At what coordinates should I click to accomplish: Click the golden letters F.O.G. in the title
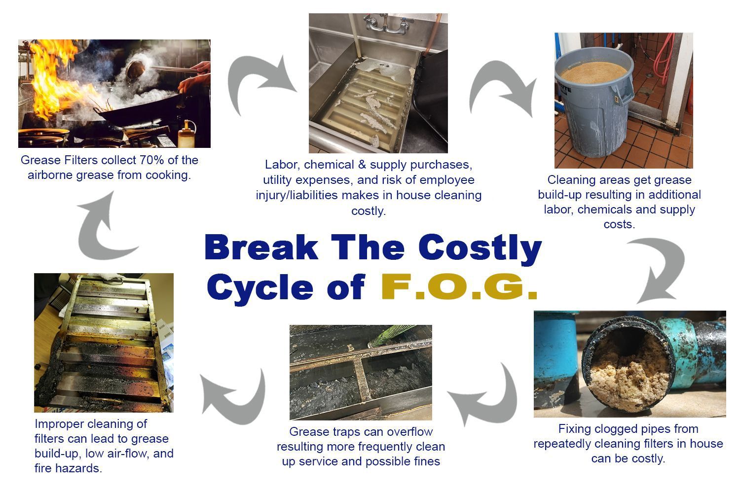(459, 287)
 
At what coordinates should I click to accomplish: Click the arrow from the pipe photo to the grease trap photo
(486, 394)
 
